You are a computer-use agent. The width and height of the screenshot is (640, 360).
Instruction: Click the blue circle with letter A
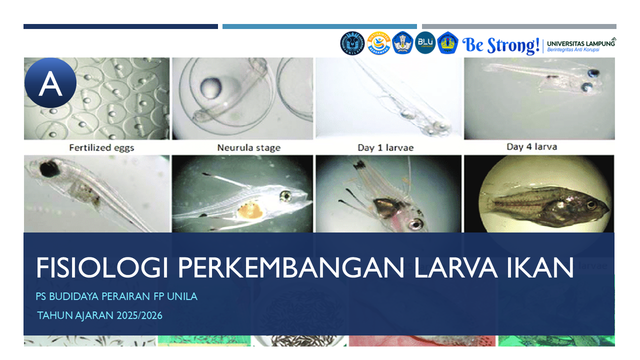[x=50, y=83]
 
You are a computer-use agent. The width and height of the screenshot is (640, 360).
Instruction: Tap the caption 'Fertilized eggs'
[x=101, y=147]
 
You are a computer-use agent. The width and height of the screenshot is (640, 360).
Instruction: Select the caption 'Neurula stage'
[x=248, y=147]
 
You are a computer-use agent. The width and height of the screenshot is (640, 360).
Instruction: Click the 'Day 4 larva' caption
[x=531, y=147]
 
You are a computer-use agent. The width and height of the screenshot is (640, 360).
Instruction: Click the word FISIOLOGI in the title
[x=102, y=268]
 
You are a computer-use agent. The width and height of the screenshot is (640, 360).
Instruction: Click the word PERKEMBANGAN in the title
[x=290, y=268]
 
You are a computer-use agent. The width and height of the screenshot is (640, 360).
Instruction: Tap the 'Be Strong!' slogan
[x=501, y=45]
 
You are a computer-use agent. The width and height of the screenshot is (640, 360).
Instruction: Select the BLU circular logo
[x=425, y=42]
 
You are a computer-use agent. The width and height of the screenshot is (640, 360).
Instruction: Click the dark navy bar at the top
[x=120, y=26]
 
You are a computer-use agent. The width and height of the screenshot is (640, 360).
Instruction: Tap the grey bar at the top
[x=519, y=26]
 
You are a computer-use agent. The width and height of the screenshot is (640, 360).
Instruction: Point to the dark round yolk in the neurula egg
[x=209, y=88]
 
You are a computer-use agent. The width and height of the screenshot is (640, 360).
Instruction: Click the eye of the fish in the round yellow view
[x=591, y=204]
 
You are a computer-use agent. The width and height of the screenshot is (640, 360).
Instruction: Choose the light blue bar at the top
[x=319, y=26]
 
